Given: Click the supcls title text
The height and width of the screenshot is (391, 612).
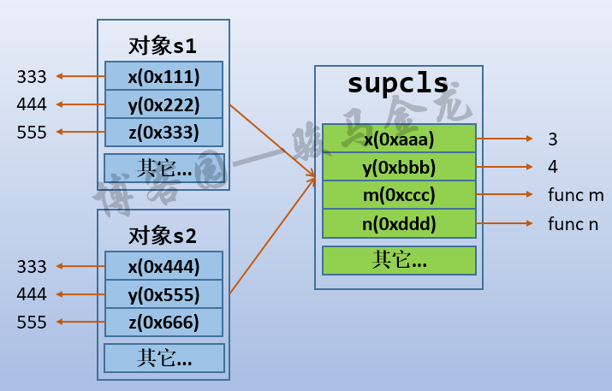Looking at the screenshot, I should click(398, 84).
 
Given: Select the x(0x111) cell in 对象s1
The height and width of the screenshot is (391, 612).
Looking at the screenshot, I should click(163, 77).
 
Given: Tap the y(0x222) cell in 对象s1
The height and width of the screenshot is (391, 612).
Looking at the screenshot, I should click(163, 104).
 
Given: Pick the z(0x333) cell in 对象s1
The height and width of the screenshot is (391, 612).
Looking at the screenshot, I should click(163, 132).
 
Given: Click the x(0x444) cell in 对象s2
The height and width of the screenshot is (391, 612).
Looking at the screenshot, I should click(163, 267).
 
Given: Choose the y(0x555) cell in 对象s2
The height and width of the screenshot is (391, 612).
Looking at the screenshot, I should click(163, 294).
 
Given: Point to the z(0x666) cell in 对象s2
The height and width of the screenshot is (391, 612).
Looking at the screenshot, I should click(163, 322).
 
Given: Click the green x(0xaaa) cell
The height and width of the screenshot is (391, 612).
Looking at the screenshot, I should click(399, 139).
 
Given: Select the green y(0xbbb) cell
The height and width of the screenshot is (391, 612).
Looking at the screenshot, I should click(399, 166).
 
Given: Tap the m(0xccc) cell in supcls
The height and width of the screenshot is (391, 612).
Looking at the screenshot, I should click(399, 195).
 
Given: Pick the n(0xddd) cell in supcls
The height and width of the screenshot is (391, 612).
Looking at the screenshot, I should click(399, 223).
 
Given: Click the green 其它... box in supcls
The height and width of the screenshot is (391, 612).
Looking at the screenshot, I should click(399, 260).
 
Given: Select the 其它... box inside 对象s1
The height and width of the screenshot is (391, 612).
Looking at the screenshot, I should click(163, 168).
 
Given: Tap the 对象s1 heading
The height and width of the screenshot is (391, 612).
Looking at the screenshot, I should click(163, 44).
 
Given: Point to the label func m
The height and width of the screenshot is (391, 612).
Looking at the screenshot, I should click(575, 195).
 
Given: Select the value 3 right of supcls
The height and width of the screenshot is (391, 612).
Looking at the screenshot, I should click(552, 139).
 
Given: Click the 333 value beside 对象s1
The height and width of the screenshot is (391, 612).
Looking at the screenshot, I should click(32, 77).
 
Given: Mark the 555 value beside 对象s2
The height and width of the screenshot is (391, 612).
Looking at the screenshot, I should click(32, 322).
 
